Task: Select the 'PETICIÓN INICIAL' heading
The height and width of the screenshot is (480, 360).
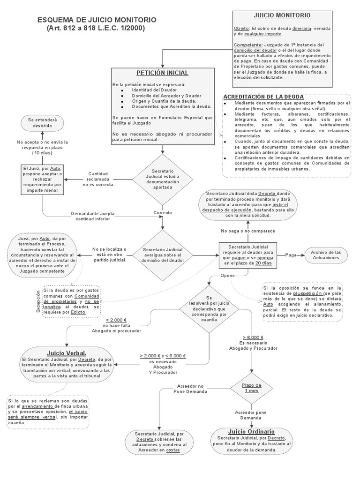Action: point(162,73)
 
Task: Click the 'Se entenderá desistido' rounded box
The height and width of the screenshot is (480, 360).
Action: point(43,123)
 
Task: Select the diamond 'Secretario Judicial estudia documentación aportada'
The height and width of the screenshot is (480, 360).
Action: point(163,179)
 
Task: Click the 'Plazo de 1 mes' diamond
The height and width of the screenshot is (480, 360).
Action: point(251,388)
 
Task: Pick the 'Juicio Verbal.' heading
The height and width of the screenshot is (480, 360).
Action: point(66,352)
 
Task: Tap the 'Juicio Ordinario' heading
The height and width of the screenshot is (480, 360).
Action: point(251,431)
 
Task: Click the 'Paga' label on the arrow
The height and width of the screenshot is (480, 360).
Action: point(291,255)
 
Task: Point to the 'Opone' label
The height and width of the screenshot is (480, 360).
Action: point(228,276)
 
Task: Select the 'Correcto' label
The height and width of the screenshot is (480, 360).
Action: point(163,212)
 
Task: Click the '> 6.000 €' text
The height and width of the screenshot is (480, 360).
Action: point(253,337)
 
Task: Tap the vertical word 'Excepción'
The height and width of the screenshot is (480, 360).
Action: point(39,300)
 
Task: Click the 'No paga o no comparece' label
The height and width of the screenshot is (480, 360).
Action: point(248,231)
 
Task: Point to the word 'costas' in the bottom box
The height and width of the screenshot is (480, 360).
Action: point(173,450)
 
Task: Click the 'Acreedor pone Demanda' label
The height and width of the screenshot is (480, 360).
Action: point(251,415)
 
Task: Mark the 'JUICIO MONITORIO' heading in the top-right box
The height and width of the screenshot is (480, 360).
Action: point(282,15)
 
